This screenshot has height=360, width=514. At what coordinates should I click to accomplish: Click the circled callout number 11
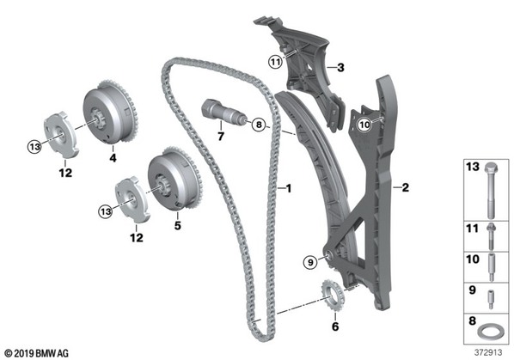[x=275, y=62]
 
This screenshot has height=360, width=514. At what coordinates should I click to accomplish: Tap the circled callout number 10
[x=364, y=125]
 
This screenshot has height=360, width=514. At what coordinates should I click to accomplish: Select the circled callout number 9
[x=310, y=262]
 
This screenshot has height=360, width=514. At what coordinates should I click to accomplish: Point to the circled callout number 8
[x=259, y=125]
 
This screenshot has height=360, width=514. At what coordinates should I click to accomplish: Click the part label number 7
[x=221, y=136]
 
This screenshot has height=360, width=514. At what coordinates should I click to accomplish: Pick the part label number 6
[x=335, y=326]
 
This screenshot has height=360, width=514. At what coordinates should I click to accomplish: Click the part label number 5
[x=177, y=225]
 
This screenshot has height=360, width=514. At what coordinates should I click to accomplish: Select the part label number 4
[x=113, y=158]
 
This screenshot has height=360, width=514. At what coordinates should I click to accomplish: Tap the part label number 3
[x=340, y=68]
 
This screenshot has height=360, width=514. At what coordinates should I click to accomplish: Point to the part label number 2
[x=405, y=187]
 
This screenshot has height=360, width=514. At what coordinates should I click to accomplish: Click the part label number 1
[x=288, y=188]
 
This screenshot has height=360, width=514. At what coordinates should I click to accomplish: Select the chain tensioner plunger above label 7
[x=223, y=112]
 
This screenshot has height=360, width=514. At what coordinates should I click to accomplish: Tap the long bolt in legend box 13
[x=491, y=191]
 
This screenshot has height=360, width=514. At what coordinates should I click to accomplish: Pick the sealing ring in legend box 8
[x=490, y=333]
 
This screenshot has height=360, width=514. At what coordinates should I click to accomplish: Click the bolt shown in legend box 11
[x=491, y=236]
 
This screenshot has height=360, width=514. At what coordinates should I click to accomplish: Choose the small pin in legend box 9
[x=491, y=300]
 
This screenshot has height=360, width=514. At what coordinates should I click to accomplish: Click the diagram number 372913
[x=488, y=352]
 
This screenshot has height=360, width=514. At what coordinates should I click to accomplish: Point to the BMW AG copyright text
[x=37, y=353]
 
